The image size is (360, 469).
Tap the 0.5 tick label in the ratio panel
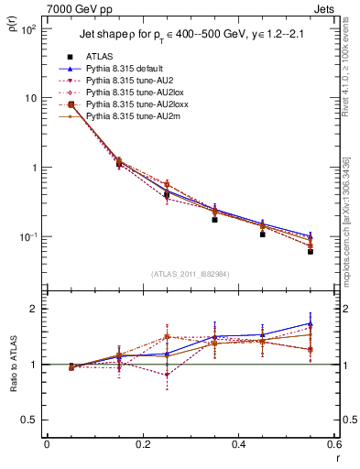pos(32,420)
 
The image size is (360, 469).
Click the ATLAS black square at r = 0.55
pos(311,251)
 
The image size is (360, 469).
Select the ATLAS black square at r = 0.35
pos(214,220)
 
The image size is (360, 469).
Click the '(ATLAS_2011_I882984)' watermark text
pos(190,272)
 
